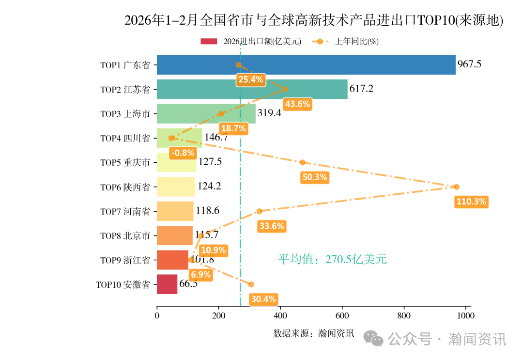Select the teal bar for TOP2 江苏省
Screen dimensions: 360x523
coord(252,89)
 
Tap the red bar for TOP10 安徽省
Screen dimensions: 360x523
coord(167,284)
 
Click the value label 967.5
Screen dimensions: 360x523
coord(469,64)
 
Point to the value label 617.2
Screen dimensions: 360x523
coord(361,89)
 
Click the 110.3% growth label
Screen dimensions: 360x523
coord(471,202)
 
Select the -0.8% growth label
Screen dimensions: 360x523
coord(183,153)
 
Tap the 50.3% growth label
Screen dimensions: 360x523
coord(315,177)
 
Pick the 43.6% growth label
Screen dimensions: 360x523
coord(297,104)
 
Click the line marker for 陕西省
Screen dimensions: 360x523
coord(456,187)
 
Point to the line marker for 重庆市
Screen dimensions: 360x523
coord(303,162)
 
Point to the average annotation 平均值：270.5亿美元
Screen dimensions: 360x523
coord(333,260)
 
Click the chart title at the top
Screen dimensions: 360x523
coord(314,20)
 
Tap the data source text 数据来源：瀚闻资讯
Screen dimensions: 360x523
coord(314,333)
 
